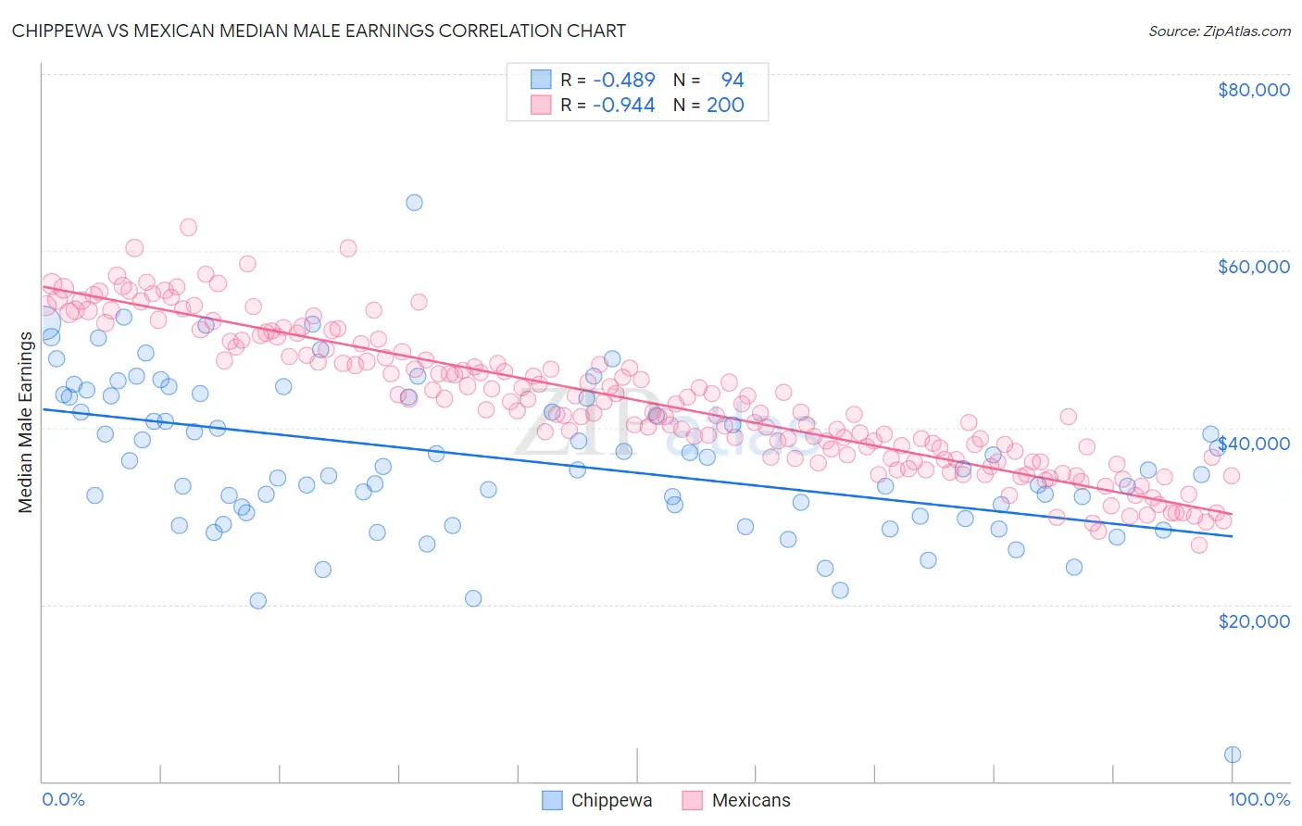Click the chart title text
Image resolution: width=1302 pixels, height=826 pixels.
tap(319, 31)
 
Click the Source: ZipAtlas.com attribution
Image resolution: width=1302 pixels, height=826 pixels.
tap(1219, 31)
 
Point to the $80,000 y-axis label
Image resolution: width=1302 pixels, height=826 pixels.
tap(1253, 90)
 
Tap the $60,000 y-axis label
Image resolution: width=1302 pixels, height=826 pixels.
tap(1253, 267)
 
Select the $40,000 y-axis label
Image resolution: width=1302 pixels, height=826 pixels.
tap(1253, 444)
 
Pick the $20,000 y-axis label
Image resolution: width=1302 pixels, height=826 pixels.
tap(1253, 620)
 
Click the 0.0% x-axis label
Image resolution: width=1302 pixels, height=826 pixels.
tap(63, 800)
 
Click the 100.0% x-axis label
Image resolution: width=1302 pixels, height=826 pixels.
tap(1258, 800)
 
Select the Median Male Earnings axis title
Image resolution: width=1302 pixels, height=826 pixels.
tap(25, 422)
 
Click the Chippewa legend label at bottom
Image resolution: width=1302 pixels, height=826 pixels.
tap(611, 801)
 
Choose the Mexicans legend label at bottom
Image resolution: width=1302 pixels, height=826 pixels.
tap(751, 801)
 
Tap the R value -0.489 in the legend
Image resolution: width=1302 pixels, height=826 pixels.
tap(624, 81)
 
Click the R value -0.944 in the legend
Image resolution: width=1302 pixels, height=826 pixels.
tap(624, 106)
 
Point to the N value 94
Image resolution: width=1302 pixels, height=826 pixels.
tap(732, 81)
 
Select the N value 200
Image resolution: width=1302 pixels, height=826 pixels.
tap(725, 106)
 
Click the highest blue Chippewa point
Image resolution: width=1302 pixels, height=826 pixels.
tap(414, 203)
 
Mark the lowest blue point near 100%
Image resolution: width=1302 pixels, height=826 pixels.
tap(1233, 755)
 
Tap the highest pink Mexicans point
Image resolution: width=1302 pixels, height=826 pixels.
tap(188, 227)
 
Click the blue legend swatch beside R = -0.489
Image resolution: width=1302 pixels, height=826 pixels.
tap(541, 80)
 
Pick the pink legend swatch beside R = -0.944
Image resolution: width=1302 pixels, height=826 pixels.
tap(541, 105)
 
